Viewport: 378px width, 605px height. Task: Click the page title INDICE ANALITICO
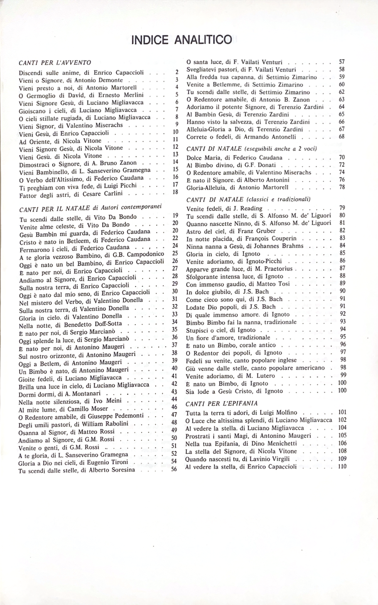181,40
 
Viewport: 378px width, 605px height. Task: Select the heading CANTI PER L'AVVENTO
55,63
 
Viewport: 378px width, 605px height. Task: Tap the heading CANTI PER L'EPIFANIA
221,403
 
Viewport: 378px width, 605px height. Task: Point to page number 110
342,467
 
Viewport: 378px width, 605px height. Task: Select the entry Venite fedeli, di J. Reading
224,208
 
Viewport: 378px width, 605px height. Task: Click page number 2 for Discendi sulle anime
177,72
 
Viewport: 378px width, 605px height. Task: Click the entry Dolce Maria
205,157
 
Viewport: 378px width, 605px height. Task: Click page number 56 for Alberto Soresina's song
174,469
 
